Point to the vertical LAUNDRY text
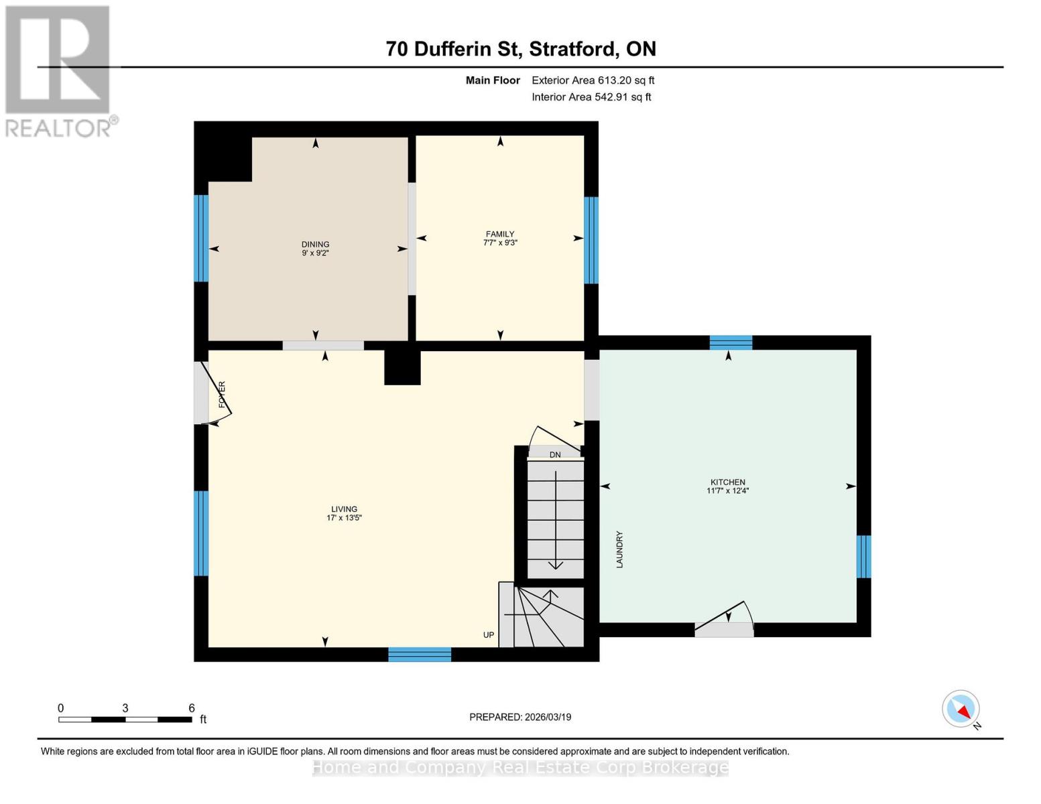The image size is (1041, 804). tap(619, 549)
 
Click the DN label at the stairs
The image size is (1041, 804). tap(555, 455)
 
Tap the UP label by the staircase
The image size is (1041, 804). tap(489, 634)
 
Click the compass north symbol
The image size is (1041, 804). tap(961, 709)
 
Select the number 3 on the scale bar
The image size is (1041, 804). tap(125, 708)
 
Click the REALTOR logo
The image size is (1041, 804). tap(58, 71)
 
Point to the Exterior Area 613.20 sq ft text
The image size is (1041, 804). tap(593, 80)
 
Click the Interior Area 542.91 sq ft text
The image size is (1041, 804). tap(591, 97)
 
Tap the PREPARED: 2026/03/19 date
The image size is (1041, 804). tap(520, 717)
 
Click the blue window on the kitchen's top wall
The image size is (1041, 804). tap(731, 342)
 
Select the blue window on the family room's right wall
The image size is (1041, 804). tap(591, 240)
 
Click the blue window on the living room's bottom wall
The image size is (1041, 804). tap(420, 655)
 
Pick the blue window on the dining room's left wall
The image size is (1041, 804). tap(201, 238)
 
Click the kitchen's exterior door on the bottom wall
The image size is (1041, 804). tap(724, 628)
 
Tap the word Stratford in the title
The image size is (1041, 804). tap(574, 49)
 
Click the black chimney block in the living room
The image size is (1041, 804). tap(402, 368)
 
